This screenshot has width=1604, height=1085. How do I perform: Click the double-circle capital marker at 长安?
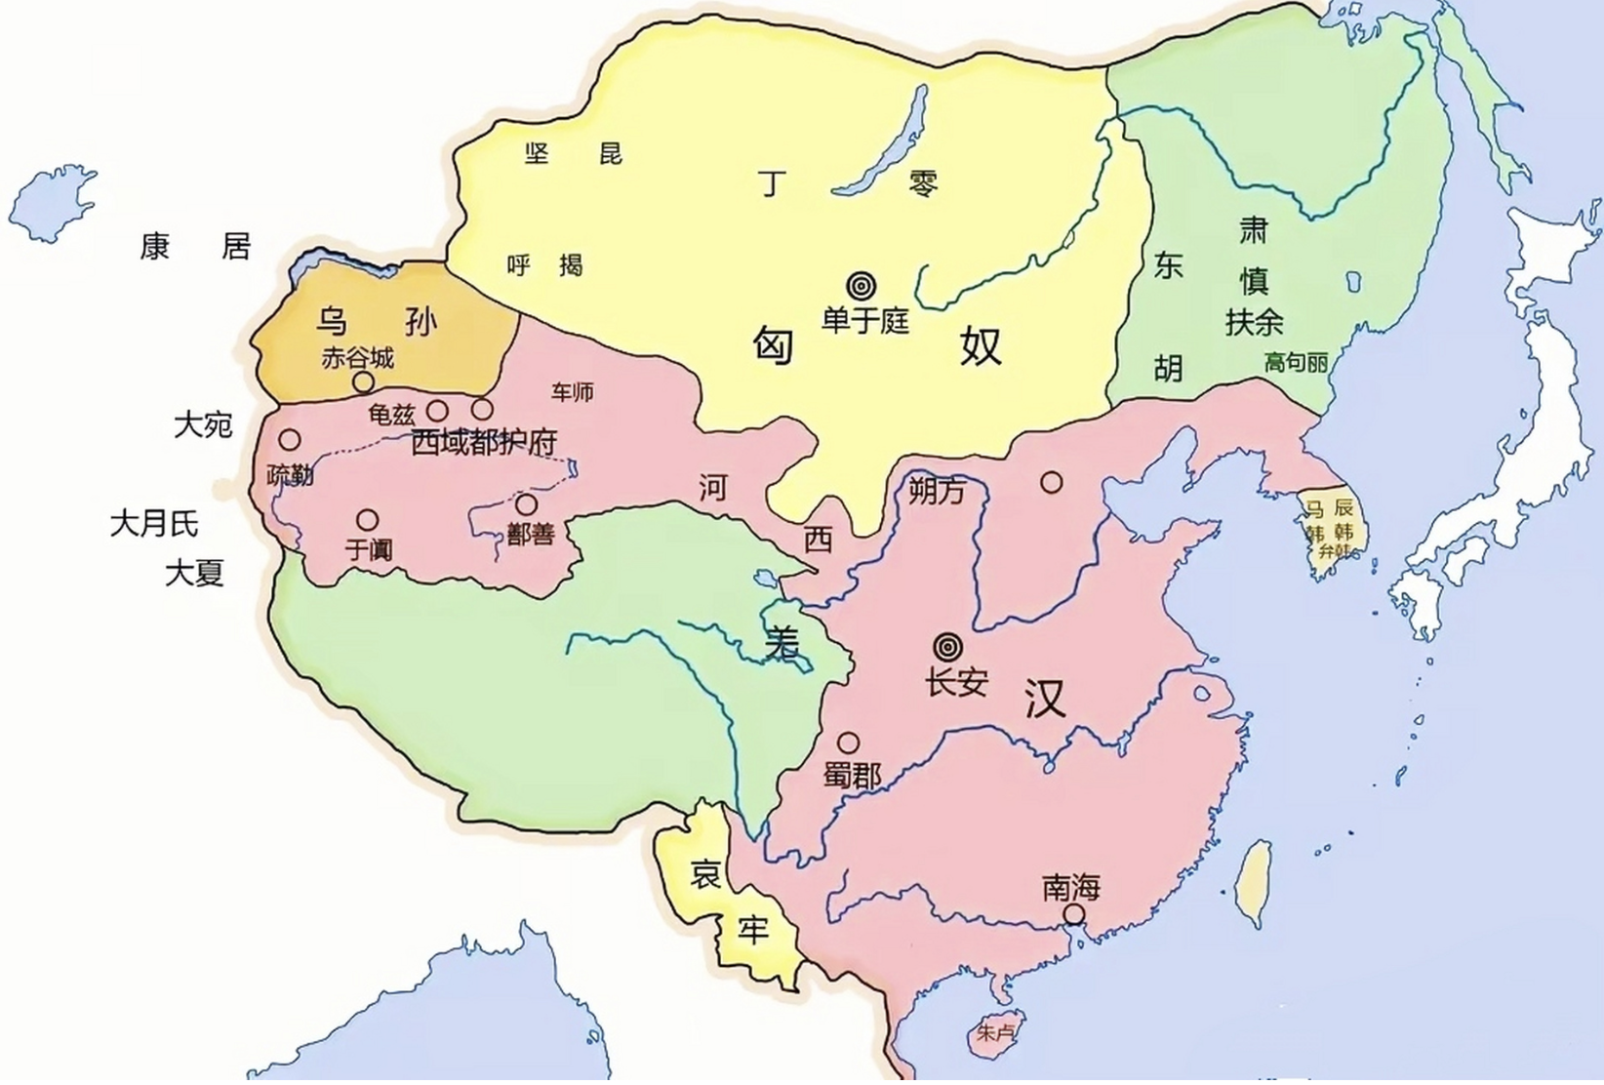pyautogui.click(x=947, y=647)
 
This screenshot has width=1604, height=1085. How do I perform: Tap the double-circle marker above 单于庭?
pyautogui.click(x=861, y=286)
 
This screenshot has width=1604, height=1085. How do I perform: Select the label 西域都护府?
pyautogui.click(x=484, y=442)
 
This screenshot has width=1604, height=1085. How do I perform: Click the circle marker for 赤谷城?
pyautogui.click(x=363, y=382)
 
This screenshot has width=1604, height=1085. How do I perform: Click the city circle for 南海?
pyautogui.click(x=1073, y=914)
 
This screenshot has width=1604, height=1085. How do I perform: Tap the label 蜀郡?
pyautogui.click(x=852, y=776)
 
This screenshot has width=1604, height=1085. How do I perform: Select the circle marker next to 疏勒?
pyautogui.click(x=290, y=440)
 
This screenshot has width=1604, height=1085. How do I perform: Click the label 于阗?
pyautogui.click(x=369, y=550)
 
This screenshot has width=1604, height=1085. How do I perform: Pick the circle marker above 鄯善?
pyautogui.click(x=526, y=504)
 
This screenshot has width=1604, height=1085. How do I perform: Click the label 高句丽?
pyautogui.click(x=1296, y=363)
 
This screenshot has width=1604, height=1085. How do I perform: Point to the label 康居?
pyautogui.click(x=195, y=246)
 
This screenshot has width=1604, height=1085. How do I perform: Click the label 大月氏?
pyautogui.click(x=154, y=524)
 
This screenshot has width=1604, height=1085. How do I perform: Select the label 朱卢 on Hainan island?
pyautogui.click(x=994, y=1032)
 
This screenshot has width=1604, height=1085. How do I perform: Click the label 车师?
pyautogui.click(x=572, y=392)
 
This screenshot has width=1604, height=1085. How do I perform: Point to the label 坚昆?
pyautogui.click(x=574, y=153)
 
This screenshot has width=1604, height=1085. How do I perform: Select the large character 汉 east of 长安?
pyautogui.click(x=1044, y=699)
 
